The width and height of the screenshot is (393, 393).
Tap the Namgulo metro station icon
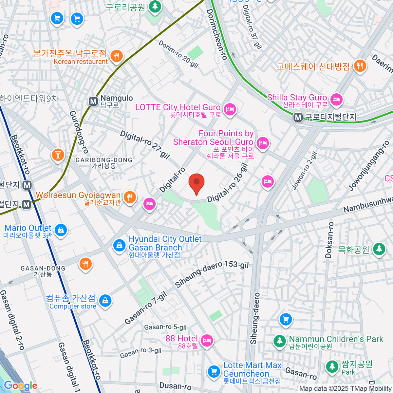pos(93,102)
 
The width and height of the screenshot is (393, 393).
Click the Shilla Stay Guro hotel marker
pos(336,99)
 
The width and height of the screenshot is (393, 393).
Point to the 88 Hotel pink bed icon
pos(207,340)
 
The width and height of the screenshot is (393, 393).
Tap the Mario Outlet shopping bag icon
pos(61,230)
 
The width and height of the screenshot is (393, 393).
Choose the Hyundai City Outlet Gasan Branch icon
pos(119,245)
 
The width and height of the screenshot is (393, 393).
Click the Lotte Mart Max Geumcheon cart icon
pos(214,372)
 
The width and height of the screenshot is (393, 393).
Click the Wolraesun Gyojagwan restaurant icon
pos(130,197)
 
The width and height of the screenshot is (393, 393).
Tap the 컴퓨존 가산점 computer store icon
pos(105,300)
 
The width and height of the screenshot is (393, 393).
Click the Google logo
pos(20,386)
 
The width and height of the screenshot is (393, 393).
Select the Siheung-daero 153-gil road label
pos(212,274)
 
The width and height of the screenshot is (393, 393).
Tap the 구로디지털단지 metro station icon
pos(298,117)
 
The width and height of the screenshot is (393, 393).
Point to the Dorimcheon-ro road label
pos(217,34)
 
